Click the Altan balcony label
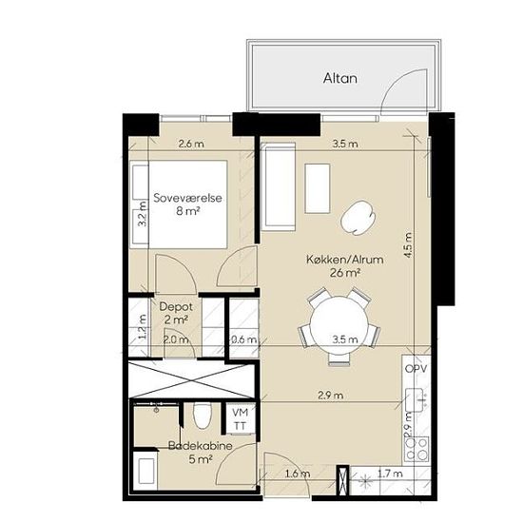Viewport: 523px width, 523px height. pos(340,78)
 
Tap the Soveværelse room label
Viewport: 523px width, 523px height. pos(187,198)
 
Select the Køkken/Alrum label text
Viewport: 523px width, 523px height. pos(345,260)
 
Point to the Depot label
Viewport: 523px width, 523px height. pos(176,307)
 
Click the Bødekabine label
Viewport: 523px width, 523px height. pos(200,446)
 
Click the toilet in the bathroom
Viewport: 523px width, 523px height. pos(203,416)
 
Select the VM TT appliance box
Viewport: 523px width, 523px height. pos(241,419)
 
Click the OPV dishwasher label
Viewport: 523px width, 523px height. pos(416,369)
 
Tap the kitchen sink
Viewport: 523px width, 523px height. pos(416,400)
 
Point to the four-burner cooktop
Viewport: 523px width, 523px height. pos(416,449)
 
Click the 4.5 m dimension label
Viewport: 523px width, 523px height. pos(408,244)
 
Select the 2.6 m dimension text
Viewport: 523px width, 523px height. pos(191,145)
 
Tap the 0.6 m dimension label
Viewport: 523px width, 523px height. pos(244,339)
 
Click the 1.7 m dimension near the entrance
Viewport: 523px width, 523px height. pos(390,474)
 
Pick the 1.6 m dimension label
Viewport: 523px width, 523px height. pos(297,474)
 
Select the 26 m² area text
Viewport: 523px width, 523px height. pos(345,273)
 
